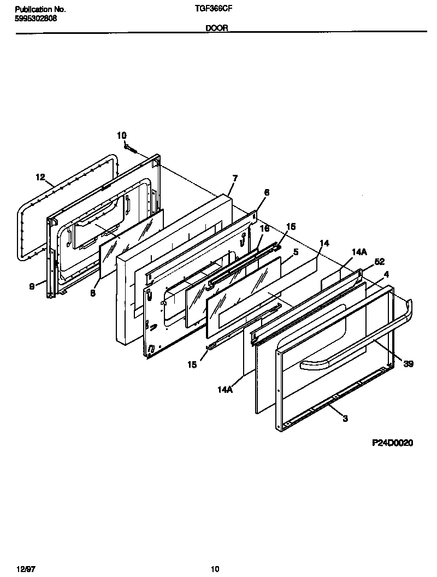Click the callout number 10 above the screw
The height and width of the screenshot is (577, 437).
(x=121, y=135)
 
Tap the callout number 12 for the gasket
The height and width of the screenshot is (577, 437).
(x=40, y=176)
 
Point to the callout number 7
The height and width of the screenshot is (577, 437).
(x=235, y=178)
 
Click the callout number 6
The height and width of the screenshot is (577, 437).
(x=267, y=192)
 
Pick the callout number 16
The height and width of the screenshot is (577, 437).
(x=264, y=228)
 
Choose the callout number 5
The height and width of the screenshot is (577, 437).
(x=296, y=252)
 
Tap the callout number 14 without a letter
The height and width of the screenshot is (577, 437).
(x=324, y=243)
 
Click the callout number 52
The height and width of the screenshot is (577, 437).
(x=380, y=262)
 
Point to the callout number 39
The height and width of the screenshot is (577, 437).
(x=408, y=364)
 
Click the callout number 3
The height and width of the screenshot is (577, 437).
(x=345, y=419)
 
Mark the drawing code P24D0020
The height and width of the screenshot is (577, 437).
(x=392, y=443)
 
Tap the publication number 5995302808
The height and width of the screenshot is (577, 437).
(x=36, y=18)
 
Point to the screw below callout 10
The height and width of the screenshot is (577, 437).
(x=129, y=146)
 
